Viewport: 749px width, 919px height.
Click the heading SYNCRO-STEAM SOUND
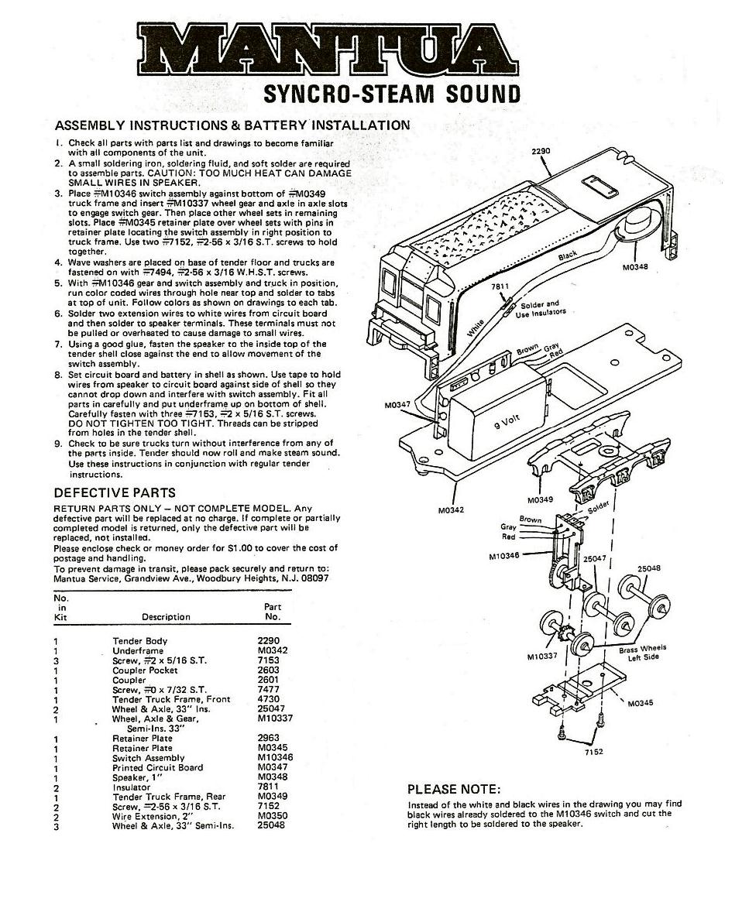coord(392,94)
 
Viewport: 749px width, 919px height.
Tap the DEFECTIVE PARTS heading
coord(115,492)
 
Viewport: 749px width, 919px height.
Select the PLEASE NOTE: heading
coord(454,789)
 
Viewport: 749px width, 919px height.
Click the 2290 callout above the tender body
coord(541,151)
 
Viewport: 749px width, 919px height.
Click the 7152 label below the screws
coord(593,751)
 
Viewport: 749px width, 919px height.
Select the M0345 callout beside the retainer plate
coord(640,703)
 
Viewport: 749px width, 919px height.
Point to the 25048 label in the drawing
coord(648,568)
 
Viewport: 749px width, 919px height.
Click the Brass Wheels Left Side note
coord(642,653)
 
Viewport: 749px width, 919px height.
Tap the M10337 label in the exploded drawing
coord(541,657)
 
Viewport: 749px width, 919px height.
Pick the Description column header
coord(166,617)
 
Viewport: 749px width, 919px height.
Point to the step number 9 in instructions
coord(58,443)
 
